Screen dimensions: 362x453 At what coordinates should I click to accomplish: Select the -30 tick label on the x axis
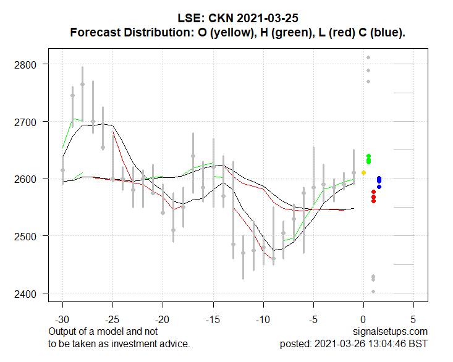point(62,321)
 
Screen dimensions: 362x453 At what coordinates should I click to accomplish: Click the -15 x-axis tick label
point(213,321)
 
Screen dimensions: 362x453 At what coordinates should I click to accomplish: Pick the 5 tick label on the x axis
point(413,321)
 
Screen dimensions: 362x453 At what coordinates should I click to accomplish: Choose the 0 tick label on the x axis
point(363,321)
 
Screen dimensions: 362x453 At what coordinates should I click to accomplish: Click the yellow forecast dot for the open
point(363,172)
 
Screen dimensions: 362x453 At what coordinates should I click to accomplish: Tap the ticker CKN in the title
point(231,19)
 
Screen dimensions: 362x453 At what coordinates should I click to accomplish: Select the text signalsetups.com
point(391,332)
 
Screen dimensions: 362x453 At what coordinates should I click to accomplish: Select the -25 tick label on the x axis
point(112,321)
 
